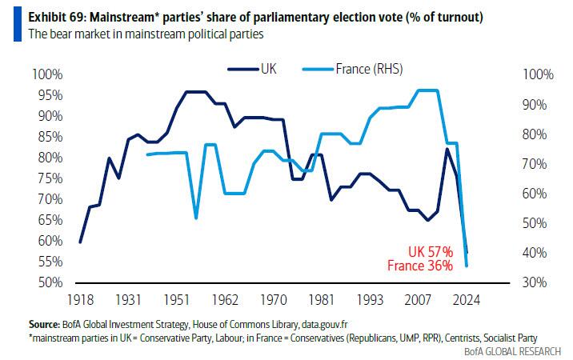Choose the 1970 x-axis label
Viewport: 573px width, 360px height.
[x=274, y=299]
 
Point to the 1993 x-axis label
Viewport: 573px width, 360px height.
[x=369, y=299]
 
